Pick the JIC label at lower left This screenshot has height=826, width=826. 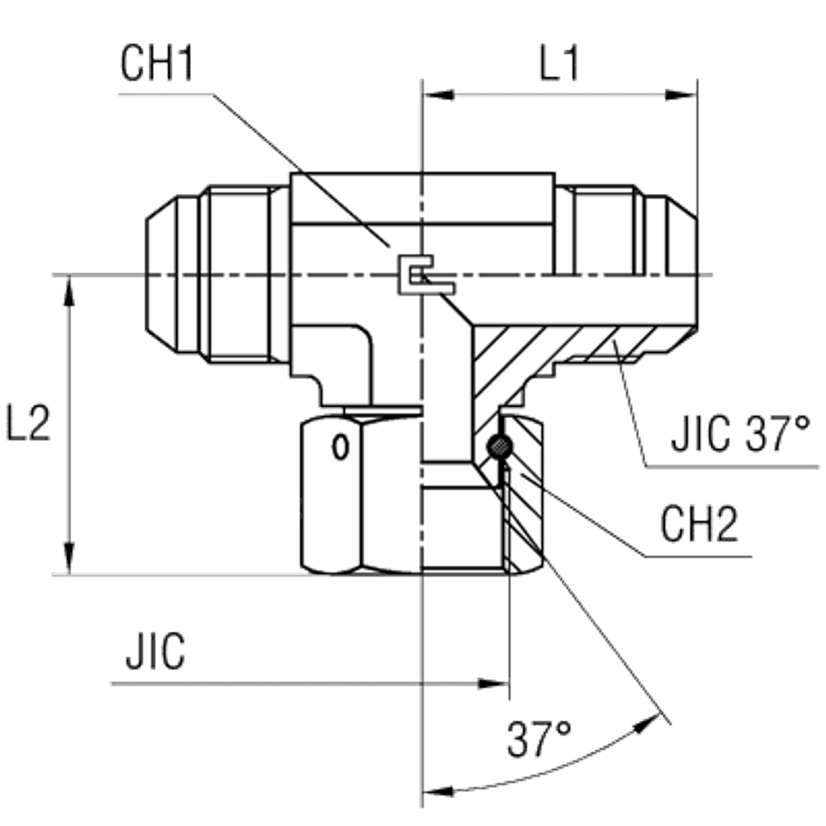click(154, 653)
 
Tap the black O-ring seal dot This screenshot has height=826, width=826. click(499, 446)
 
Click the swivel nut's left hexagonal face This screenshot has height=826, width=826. click(330, 496)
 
